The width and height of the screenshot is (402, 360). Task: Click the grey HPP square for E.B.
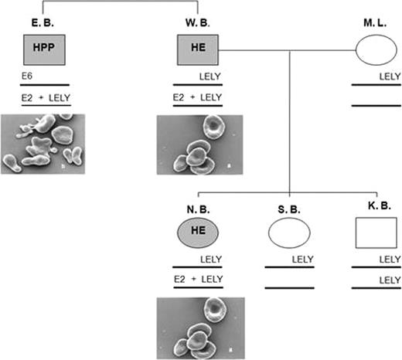pos(45,51)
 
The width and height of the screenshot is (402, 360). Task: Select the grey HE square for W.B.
pos(199,51)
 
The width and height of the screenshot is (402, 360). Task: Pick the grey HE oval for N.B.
pos(199,232)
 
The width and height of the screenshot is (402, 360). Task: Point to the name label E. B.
pos(44,23)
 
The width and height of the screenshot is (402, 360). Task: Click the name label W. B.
pos(198,23)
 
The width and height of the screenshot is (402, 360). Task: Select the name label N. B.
pos(198,206)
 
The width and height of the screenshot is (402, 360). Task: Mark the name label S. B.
pos(288,206)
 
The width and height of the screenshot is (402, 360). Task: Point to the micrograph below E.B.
pos(44,144)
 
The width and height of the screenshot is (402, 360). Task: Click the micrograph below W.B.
pos(199,143)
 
